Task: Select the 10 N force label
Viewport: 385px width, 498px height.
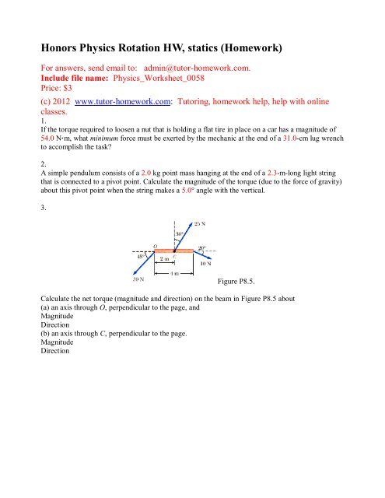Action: tap(205, 263)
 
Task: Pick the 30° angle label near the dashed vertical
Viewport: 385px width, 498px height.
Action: tap(180, 233)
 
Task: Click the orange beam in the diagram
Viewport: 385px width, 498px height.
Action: tap(176, 252)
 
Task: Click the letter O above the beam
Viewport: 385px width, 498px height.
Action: tap(156, 245)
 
